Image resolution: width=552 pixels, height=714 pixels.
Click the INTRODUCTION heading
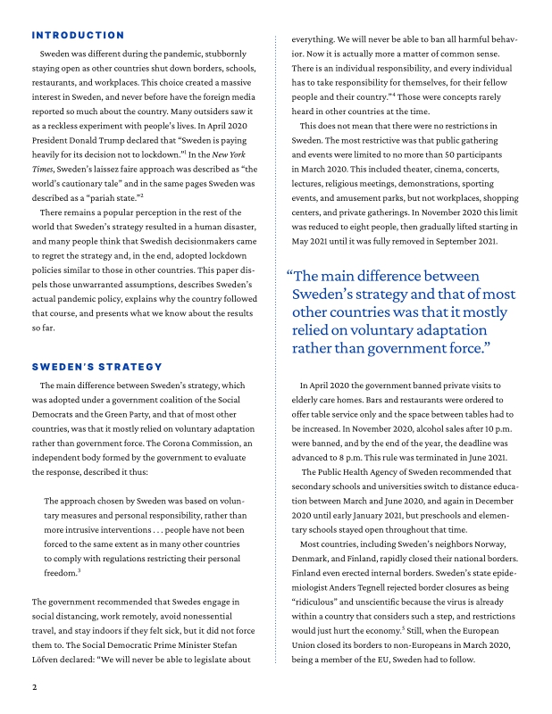point(78,36)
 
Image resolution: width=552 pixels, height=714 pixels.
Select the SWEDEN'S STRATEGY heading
point(96,367)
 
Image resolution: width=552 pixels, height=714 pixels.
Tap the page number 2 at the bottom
point(34,687)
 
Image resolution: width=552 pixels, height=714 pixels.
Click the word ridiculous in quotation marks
point(321,602)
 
